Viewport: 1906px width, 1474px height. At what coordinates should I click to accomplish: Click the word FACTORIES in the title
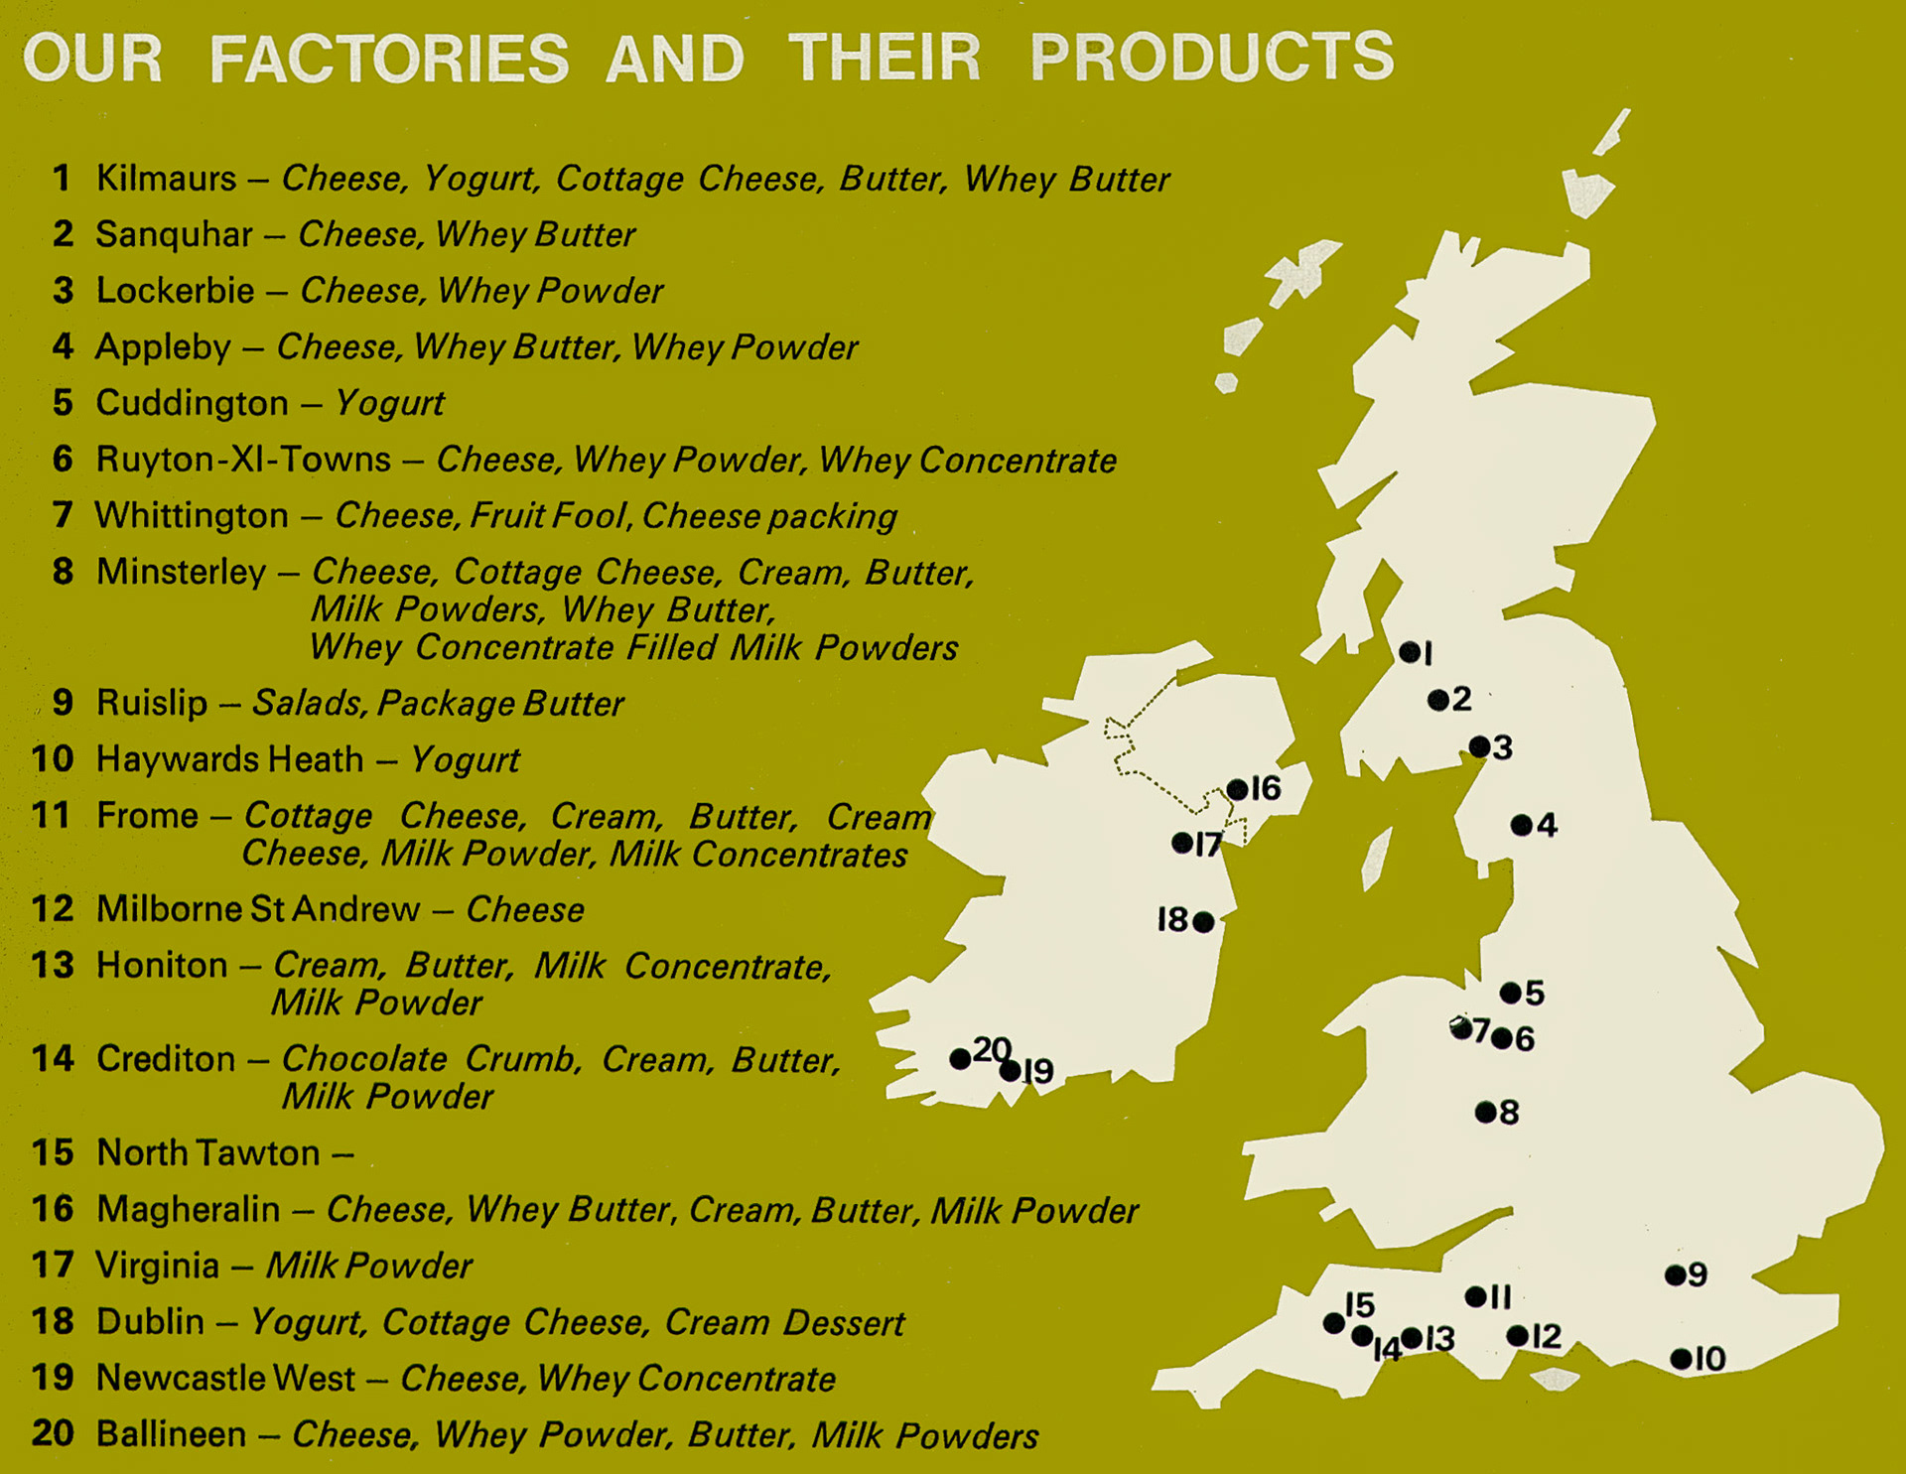[x=389, y=58]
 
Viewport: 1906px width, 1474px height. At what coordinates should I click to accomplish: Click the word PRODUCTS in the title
[x=1212, y=57]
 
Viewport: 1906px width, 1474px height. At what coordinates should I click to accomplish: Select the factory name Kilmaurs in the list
[x=166, y=179]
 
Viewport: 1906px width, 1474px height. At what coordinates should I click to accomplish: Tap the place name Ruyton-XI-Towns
[x=243, y=460]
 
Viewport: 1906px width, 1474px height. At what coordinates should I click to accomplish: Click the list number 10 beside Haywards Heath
[x=53, y=759]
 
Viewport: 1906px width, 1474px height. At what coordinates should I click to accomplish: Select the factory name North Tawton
[x=208, y=1153]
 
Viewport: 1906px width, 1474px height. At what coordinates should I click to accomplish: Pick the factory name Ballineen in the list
[x=171, y=1435]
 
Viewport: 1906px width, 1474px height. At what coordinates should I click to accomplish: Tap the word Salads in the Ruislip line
[x=310, y=704]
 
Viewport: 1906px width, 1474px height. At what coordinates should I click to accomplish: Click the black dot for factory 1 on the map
[x=1409, y=652]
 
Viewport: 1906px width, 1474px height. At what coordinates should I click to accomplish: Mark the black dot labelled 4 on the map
[x=1521, y=825]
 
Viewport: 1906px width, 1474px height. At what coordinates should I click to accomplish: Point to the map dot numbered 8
[x=1485, y=1112]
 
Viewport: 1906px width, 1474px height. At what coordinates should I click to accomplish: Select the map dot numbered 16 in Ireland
[x=1237, y=789]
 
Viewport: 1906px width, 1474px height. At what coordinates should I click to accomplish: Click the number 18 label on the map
[x=1172, y=920]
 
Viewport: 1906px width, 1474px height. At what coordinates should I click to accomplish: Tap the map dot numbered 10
[x=1681, y=1359]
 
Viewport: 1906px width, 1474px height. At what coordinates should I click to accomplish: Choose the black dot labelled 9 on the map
[x=1675, y=1275]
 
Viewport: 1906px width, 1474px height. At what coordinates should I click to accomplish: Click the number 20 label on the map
[x=992, y=1049]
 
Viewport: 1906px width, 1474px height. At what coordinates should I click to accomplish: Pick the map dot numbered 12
[x=1517, y=1336]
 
